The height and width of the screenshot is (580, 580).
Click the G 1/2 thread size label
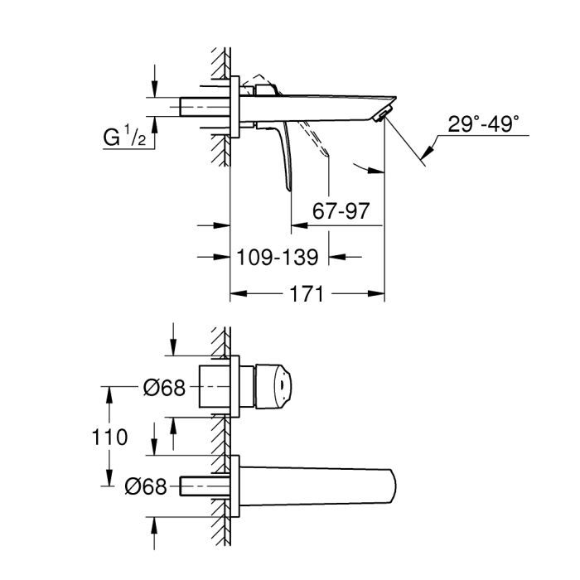(x=125, y=138)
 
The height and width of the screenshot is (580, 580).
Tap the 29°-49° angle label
(x=484, y=123)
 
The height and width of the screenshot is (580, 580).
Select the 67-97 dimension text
(x=340, y=210)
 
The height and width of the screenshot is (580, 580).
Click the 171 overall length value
(x=307, y=294)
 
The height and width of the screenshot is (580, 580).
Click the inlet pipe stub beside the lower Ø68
(x=203, y=486)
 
